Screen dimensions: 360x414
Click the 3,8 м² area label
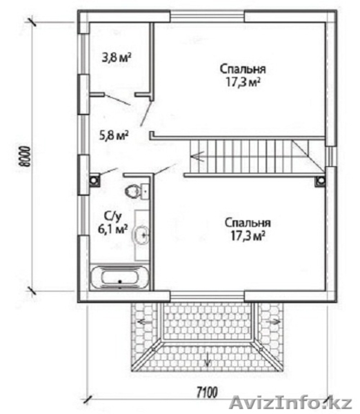pos(117,57)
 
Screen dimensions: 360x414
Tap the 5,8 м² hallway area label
pos(114,135)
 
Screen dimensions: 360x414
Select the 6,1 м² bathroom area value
pos(113,228)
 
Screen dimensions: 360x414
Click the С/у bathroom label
pos(113,217)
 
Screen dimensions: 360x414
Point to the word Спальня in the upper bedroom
pos(243,69)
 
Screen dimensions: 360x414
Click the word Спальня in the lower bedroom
pos(248,223)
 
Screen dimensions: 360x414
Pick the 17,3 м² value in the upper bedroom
pos(243,81)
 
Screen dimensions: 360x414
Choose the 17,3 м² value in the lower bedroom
pos(248,235)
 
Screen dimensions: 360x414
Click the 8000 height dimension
pos(25,157)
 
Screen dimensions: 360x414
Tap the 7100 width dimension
pos(207,393)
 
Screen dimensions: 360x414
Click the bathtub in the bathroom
pos(119,277)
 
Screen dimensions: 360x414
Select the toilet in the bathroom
pos(132,191)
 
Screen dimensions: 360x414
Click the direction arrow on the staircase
pos(197,156)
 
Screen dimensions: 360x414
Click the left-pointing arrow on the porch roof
pos(144,322)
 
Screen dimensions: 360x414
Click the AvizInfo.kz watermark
pos(290,403)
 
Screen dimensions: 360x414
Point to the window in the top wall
pos(208,16)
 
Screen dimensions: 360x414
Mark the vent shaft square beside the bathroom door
pos(94,181)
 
